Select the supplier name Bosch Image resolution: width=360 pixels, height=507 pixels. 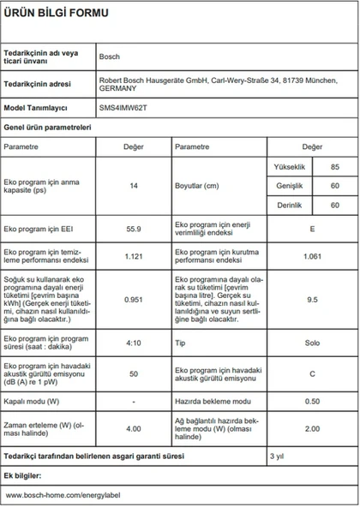(x=111, y=55)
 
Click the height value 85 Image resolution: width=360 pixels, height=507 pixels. (x=334, y=165)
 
